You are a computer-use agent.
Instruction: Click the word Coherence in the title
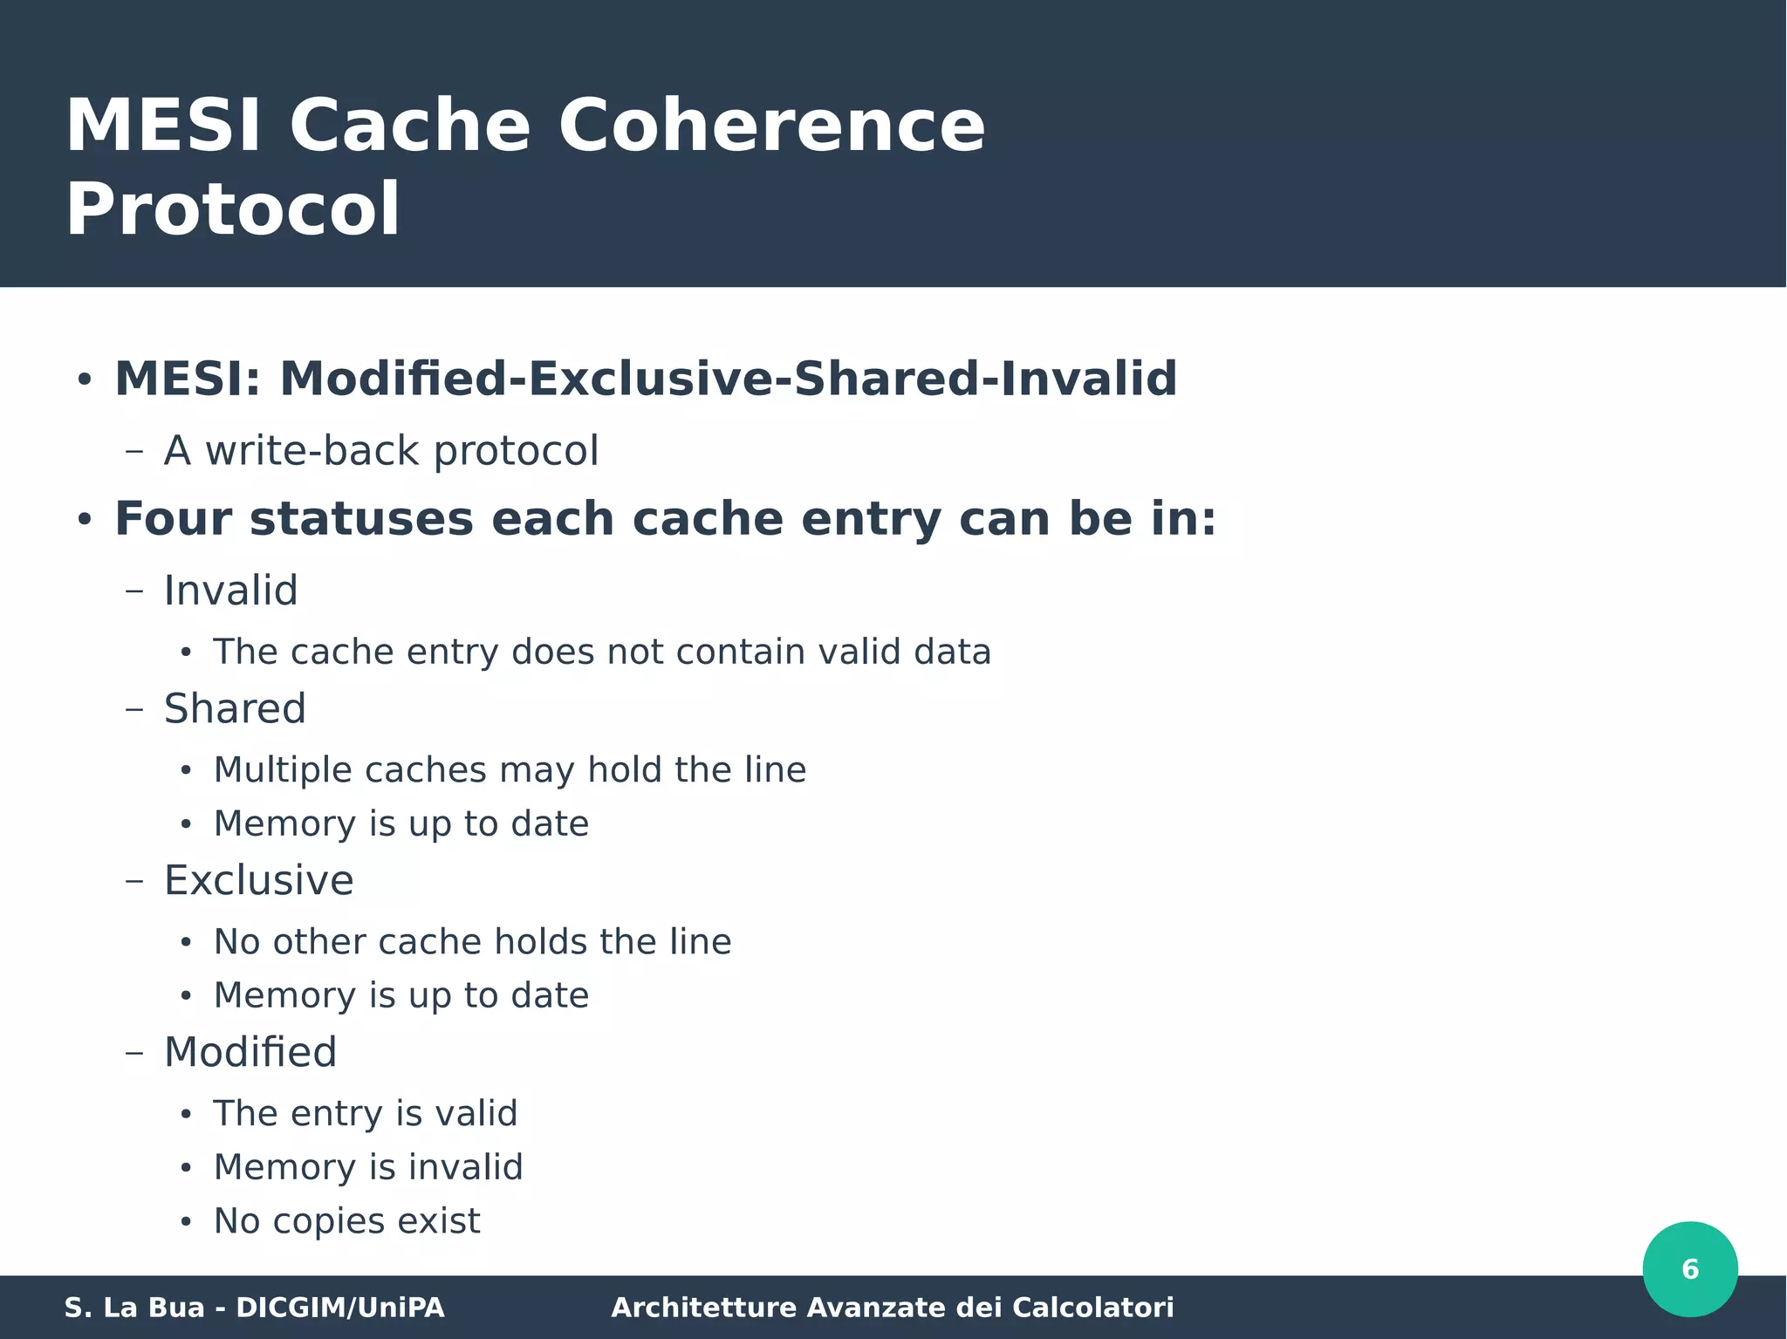click(771, 126)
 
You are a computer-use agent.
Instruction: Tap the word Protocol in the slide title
click(233, 210)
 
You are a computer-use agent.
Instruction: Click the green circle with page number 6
click(1689, 1268)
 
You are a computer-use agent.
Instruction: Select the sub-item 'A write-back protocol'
click(381, 451)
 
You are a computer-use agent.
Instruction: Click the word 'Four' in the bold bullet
click(173, 519)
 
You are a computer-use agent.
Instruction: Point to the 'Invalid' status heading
click(231, 591)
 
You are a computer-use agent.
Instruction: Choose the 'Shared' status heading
click(235, 708)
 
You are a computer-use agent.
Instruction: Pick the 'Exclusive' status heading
click(259, 880)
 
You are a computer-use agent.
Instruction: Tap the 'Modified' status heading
click(250, 1052)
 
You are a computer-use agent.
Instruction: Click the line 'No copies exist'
click(346, 1221)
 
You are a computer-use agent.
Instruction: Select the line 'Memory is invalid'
click(368, 1167)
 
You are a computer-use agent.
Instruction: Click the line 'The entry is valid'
click(366, 1114)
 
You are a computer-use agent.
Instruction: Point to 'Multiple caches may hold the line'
click(510, 770)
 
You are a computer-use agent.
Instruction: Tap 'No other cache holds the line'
click(472, 942)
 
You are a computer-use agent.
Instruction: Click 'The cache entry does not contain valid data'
click(602, 652)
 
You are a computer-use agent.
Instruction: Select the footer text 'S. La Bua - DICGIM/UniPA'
click(254, 1308)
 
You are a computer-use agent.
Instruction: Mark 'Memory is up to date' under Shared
click(401, 824)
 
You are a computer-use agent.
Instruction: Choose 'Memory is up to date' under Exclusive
click(401, 996)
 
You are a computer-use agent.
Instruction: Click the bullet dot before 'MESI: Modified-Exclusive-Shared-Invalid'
click(84, 380)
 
